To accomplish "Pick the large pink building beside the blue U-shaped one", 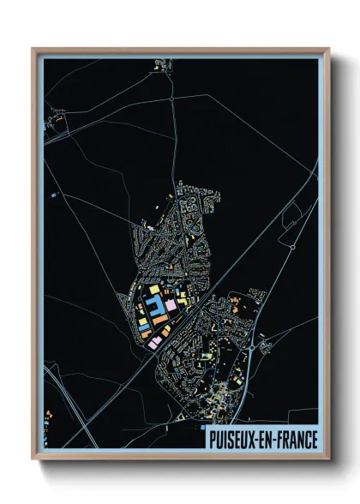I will pos(171,303).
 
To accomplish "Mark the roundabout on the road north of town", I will pos(172,99).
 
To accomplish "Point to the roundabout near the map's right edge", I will pos(292,246).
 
